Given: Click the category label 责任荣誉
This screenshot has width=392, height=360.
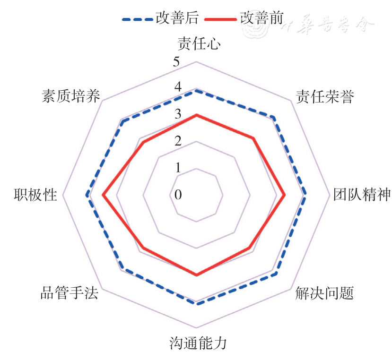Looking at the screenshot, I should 325,96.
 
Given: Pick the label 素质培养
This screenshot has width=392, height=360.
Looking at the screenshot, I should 71,96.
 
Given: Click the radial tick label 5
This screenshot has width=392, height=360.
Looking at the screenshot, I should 177,62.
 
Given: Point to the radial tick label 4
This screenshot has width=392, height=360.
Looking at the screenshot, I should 177,88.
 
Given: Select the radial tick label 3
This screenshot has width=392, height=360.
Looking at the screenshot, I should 177,114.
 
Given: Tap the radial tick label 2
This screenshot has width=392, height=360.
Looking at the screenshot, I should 177,141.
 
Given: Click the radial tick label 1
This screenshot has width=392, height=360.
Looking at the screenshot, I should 177,167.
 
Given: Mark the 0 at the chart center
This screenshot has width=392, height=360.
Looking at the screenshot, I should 177,194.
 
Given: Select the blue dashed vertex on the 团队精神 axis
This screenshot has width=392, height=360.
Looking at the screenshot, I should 305,194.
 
